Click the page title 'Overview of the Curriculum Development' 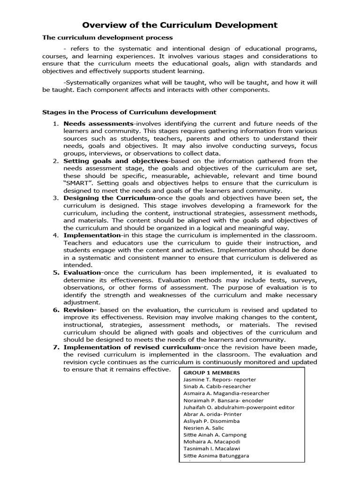[x=180, y=25]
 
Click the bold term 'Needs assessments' [x=98, y=123]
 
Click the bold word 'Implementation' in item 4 [x=92, y=235]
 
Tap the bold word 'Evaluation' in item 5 [x=82, y=272]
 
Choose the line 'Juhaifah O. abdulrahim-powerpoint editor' [x=239, y=407]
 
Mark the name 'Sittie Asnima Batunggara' [x=216, y=456]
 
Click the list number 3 [x=55, y=198]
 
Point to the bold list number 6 [x=55, y=310]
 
